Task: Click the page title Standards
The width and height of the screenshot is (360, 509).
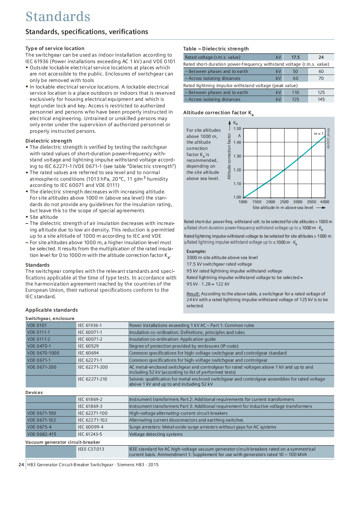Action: point(58,17)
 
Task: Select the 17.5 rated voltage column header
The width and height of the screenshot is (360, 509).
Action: point(295,57)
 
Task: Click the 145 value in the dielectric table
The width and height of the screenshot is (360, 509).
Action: point(321,99)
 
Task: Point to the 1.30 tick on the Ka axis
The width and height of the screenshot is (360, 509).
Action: point(237,156)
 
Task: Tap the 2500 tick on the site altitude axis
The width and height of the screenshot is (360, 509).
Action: point(284,202)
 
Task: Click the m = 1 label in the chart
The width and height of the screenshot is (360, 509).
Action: point(318,134)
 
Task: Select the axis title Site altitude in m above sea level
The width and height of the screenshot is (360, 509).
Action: point(283,208)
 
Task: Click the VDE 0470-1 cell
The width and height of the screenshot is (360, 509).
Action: point(39,346)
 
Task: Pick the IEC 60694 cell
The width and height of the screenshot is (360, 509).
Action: point(88,353)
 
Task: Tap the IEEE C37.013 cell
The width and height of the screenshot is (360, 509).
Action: point(91,449)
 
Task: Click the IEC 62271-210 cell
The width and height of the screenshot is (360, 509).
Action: point(92,379)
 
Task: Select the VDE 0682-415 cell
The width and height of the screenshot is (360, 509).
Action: point(41,434)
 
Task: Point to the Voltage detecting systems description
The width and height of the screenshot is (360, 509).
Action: point(156,434)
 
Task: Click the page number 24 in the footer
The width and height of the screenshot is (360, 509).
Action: point(21,465)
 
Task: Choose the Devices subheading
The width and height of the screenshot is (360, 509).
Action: point(34,393)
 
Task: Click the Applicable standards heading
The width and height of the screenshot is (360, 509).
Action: point(52,310)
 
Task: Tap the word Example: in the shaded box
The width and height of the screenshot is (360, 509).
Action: point(196,251)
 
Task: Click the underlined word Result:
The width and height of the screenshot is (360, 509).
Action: point(193,294)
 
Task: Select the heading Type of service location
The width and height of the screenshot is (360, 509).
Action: point(55,49)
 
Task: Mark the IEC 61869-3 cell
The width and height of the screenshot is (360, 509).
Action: point(90,406)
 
